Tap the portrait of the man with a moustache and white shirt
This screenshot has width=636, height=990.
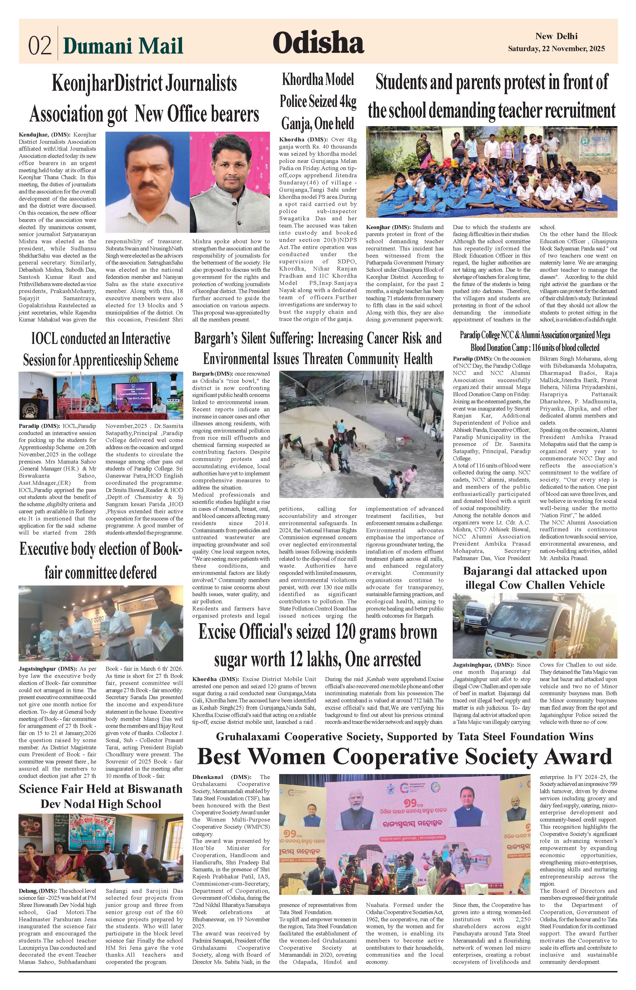(x=147, y=181)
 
